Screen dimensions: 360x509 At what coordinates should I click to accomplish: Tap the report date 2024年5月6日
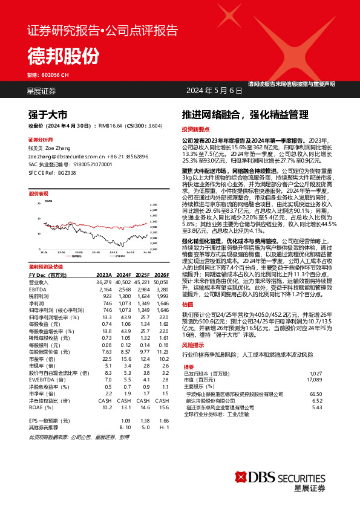click(210, 91)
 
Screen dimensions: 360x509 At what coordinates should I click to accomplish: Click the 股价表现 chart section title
click(39, 194)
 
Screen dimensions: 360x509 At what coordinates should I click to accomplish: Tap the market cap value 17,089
click(314, 380)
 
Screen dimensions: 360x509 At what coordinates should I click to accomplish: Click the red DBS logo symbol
click(241, 469)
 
